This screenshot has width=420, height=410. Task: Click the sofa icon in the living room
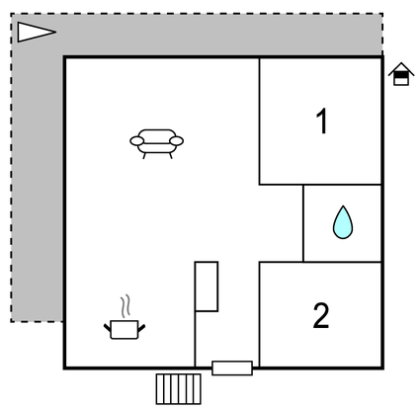(157, 144)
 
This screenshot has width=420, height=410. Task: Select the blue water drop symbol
(343, 222)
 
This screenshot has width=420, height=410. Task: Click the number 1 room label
(322, 122)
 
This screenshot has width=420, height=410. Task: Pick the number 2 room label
(321, 315)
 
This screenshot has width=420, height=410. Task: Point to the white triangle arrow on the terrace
(37, 32)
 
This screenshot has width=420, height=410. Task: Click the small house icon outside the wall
(401, 74)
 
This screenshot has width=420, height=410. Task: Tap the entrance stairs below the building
(178, 388)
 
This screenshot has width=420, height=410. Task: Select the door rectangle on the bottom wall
(232, 368)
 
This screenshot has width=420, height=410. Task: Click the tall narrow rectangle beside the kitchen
(207, 287)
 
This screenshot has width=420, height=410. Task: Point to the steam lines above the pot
(126, 306)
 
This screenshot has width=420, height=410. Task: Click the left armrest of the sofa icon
(137, 141)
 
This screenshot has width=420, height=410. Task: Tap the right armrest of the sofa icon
(177, 141)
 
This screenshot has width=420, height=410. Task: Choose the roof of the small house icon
(401, 68)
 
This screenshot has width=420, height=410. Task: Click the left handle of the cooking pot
(108, 328)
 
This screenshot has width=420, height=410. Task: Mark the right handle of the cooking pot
(141, 328)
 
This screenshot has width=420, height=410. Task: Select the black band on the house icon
(401, 75)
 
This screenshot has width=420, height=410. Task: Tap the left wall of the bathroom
(303, 223)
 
